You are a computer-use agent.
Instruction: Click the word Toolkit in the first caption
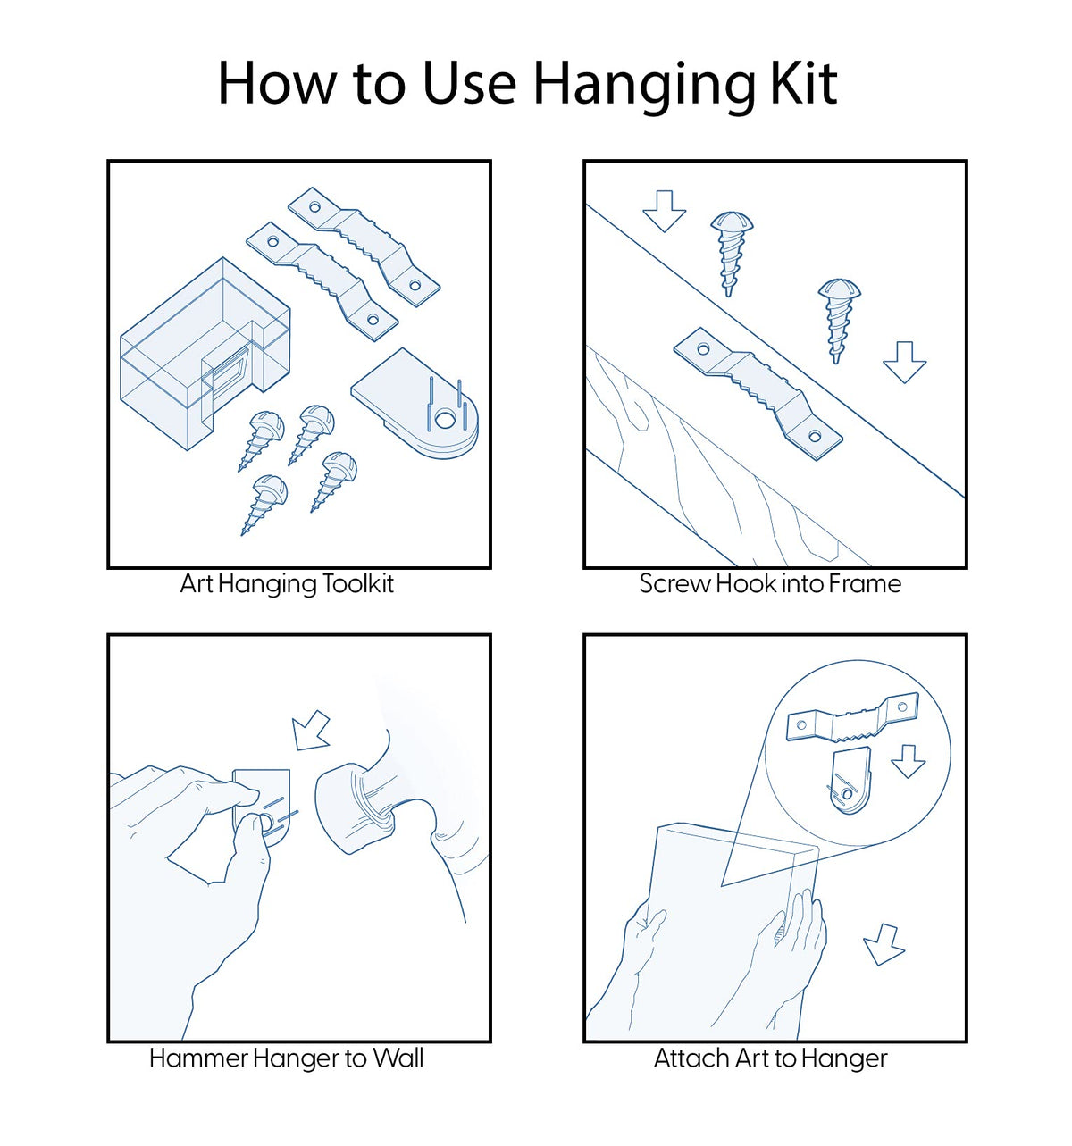tap(357, 583)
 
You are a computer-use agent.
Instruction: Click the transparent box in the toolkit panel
tap(205, 353)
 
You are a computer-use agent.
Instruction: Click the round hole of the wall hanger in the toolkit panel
tap(445, 419)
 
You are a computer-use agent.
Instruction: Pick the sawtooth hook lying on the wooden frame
tap(758, 394)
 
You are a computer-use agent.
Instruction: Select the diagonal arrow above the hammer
tap(311, 731)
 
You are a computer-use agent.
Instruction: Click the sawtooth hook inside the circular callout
tap(852, 717)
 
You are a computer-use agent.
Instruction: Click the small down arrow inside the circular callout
tap(908, 760)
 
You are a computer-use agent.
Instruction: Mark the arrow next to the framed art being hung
tap(884, 944)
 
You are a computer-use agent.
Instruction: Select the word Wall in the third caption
tap(398, 1058)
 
